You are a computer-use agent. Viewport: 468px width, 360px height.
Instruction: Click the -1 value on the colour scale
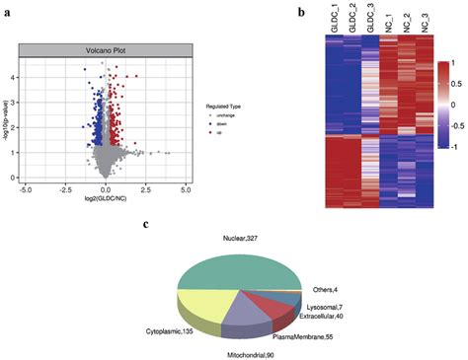pyautogui.click(x=453, y=144)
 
